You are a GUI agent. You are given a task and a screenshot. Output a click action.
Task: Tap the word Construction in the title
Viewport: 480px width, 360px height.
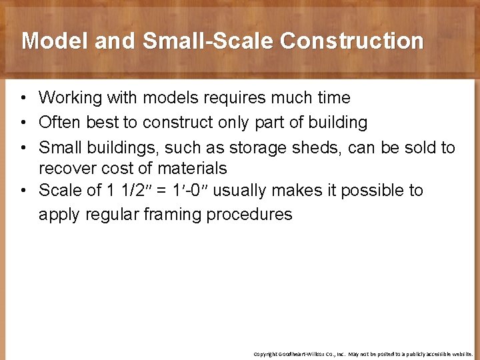[x=351, y=41]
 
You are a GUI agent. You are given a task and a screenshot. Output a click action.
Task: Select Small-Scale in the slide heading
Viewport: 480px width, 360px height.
[x=210, y=41]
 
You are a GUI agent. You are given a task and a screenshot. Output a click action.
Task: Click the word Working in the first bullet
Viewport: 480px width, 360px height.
[x=71, y=98]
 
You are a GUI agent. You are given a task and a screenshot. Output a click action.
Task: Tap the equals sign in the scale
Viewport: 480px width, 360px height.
[x=161, y=191]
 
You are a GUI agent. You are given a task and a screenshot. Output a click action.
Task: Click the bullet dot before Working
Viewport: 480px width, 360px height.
[x=23, y=99]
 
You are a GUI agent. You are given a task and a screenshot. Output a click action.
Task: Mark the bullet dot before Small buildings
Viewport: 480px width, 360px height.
[x=23, y=148]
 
